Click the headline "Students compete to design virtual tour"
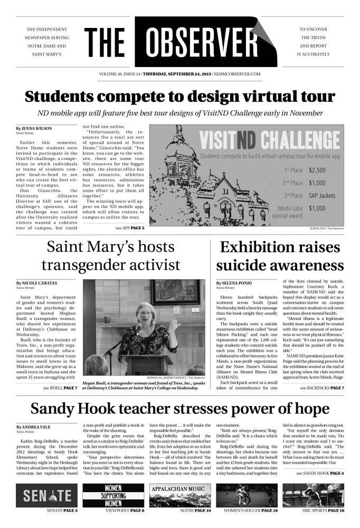(180, 97)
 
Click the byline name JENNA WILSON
(37, 128)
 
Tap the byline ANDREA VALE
(37, 427)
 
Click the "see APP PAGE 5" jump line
(129, 228)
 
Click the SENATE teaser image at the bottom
(46, 496)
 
